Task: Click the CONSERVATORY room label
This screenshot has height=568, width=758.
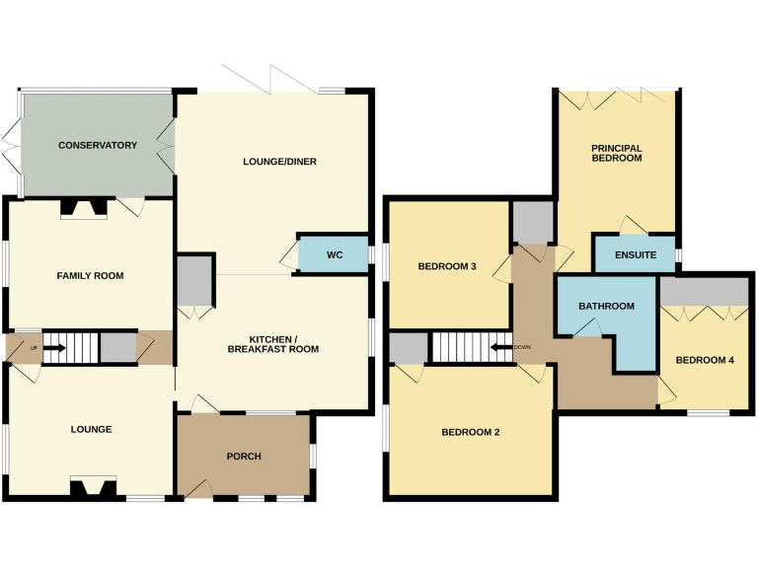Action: click(97, 146)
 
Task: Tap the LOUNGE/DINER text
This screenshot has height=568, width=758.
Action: click(280, 162)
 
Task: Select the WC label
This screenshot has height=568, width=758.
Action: click(334, 255)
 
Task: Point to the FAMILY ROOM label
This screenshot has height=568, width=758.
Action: click(90, 276)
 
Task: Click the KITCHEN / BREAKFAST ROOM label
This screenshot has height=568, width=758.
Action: click(273, 343)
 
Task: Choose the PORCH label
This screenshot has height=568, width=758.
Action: click(243, 456)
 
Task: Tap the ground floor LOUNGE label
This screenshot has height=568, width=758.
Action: click(91, 429)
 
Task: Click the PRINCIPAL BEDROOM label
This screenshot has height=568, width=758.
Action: click(616, 152)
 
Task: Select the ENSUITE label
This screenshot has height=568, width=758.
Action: click(635, 255)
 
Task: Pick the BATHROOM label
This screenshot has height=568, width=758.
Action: click(606, 306)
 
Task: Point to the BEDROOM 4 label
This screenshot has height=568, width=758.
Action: click(704, 360)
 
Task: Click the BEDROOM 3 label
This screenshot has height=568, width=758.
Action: click(447, 266)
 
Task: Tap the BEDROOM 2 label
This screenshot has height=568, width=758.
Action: click(470, 432)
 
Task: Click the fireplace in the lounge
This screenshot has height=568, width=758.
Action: click(93, 486)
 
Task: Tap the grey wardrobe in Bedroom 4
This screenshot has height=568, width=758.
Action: click(704, 291)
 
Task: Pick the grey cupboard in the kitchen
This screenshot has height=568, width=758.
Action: click(195, 281)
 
